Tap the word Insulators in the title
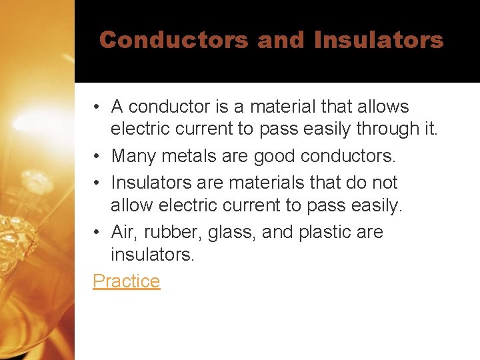point(378,40)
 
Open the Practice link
point(127,281)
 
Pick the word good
point(274,157)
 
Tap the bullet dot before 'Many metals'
point(97,157)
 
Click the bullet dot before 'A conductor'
point(97,107)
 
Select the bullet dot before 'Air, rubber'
point(97,232)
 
